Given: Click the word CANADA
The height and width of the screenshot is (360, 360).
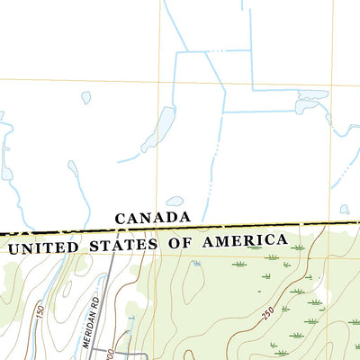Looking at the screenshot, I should (x=153, y=218).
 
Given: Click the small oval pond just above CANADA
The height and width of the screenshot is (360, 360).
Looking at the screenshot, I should (x=175, y=202).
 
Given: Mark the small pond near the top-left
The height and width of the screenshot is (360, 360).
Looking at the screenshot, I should (x=86, y=97).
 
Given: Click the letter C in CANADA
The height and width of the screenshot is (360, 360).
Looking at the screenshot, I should (x=121, y=219).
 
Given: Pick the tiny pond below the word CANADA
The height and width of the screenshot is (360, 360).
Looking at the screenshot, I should (x=196, y=264).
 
